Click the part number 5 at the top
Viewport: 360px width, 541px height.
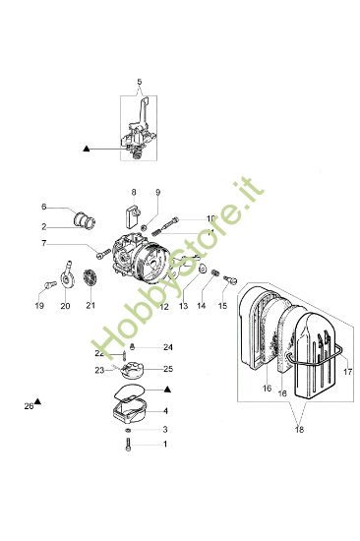[x=140, y=79]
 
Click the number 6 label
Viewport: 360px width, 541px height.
[x=44, y=208]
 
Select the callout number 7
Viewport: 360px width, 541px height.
[x=44, y=243]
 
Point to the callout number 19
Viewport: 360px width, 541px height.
[x=39, y=306]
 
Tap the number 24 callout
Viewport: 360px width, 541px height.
[x=167, y=347]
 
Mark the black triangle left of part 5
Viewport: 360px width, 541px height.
[x=87, y=148]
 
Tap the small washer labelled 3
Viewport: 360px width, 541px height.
[x=130, y=430]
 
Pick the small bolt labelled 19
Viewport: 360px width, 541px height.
[x=44, y=285]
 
